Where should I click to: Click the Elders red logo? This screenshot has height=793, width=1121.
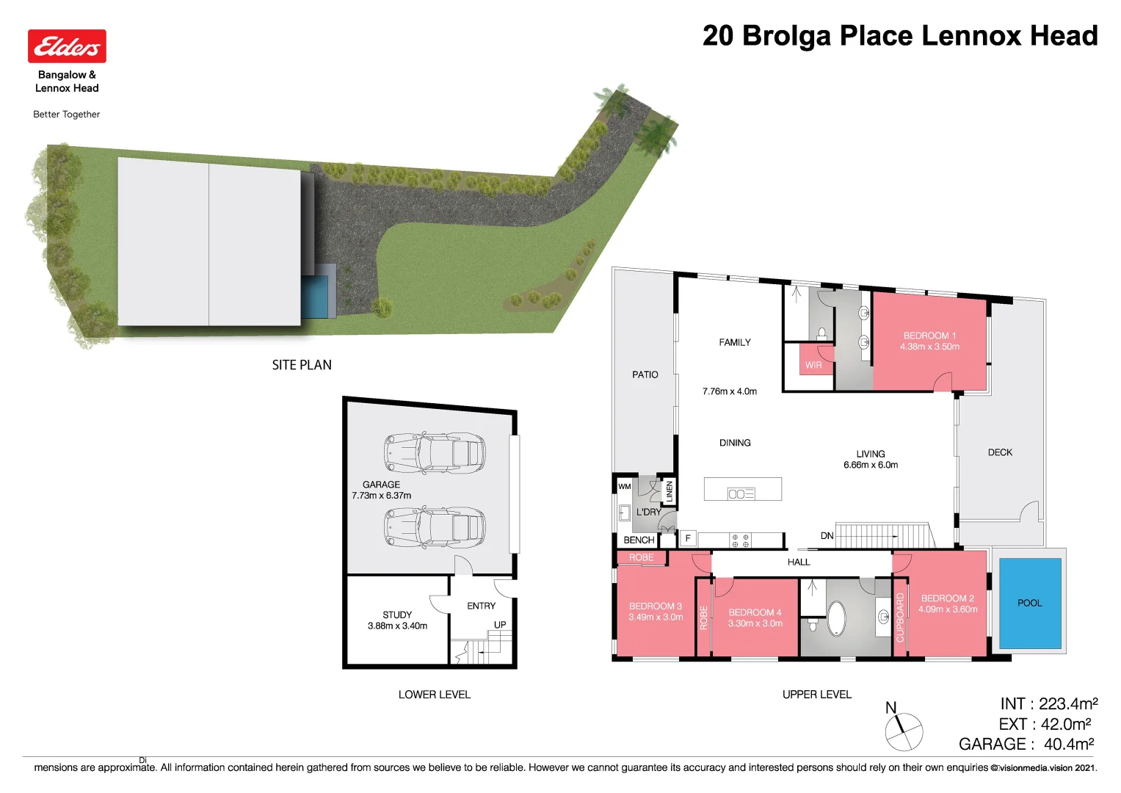click(67, 46)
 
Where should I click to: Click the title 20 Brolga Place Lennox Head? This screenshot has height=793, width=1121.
click(899, 36)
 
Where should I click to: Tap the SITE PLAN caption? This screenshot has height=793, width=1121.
click(302, 365)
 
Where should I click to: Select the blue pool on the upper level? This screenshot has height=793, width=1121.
click(1030, 603)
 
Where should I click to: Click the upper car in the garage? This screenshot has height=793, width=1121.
click(435, 452)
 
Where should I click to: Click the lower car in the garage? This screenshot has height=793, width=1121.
click(435, 527)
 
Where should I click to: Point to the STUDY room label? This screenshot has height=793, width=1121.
click(397, 615)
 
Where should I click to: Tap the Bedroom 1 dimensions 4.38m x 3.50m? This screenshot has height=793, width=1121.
click(929, 347)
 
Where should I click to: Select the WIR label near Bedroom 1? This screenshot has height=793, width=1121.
click(813, 365)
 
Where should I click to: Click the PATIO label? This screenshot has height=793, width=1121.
click(645, 374)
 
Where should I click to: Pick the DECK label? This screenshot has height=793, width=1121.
click(1000, 452)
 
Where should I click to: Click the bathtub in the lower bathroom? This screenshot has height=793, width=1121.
click(837, 619)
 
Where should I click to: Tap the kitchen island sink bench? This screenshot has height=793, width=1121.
click(742, 490)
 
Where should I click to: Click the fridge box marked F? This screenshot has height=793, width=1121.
click(688, 538)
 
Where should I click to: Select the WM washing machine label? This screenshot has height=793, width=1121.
click(624, 486)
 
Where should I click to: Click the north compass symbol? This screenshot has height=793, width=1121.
click(903, 731)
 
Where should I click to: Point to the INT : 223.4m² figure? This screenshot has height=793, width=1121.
click(1048, 704)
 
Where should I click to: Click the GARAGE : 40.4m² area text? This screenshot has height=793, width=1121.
click(1026, 744)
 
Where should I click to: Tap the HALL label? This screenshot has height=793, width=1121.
click(799, 562)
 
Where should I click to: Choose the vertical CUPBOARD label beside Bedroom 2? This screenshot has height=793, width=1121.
click(900, 618)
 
